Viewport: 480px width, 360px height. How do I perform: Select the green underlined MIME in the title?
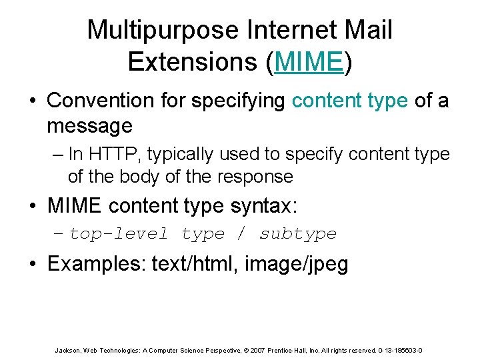tap(308, 61)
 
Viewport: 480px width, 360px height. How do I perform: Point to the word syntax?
tap(262, 205)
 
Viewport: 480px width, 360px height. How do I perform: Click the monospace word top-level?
tap(119, 234)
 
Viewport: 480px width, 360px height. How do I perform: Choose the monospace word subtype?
tap(298, 234)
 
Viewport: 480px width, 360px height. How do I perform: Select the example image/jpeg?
tap(297, 263)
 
